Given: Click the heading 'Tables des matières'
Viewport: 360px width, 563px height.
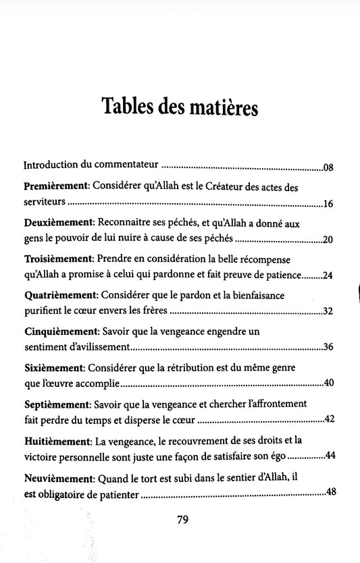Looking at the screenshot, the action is coord(179,107).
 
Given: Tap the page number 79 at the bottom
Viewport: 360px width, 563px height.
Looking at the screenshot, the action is coord(179,519).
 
